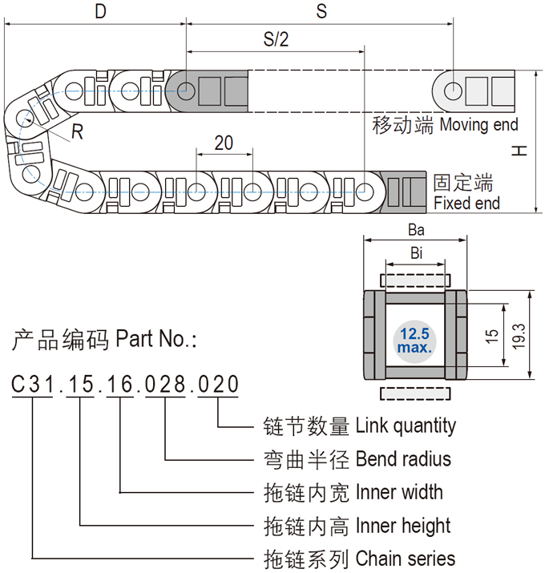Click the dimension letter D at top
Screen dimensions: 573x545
tap(100, 11)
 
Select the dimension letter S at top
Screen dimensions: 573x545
tap(321, 11)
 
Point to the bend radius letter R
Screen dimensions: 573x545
tap(77, 133)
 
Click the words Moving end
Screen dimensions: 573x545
tap(478, 124)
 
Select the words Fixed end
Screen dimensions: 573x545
tap(466, 204)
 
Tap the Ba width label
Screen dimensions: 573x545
tap(415, 229)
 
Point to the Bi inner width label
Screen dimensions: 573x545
tap(416, 253)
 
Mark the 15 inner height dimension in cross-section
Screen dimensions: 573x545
tap(491, 335)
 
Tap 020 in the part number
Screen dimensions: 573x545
tap(218, 385)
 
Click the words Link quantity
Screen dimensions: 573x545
tap(406, 426)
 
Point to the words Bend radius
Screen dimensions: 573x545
tap(403, 458)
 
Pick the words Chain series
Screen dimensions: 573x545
tap(405, 559)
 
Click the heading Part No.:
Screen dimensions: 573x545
tap(156, 339)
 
